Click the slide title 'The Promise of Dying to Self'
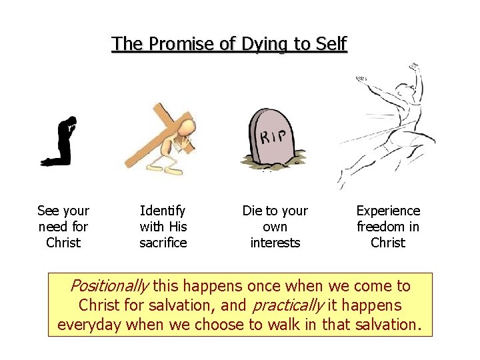(229, 44)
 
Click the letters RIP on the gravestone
(274, 138)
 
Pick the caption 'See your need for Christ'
(63, 227)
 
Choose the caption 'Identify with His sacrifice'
(163, 227)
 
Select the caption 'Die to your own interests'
(275, 227)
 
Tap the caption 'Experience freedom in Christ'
(388, 227)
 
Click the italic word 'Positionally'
(109, 287)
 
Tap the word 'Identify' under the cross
(163, 211)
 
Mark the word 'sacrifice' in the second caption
(163, 243)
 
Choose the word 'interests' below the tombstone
(275, 243)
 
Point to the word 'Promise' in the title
(177, 44)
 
